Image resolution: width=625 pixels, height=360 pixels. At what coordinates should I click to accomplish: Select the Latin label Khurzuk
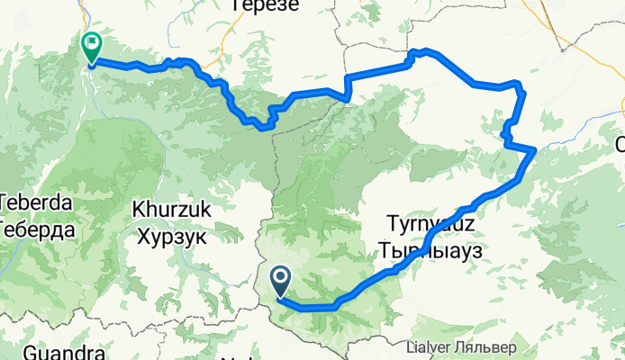(171, 209)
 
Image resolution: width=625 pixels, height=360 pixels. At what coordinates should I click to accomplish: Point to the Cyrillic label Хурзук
(171, 237)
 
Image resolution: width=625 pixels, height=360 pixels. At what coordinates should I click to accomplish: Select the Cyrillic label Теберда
(36, 229)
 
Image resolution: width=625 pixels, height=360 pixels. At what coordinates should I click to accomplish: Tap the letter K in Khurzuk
(138, 209)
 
